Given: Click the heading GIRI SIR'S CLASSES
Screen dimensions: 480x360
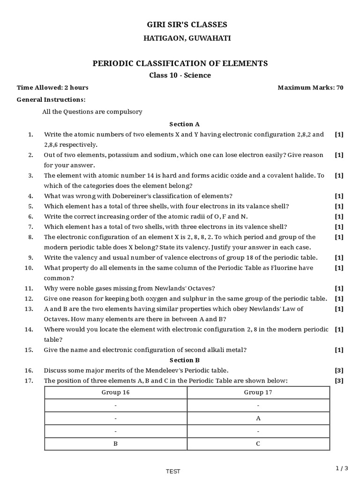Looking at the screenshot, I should coord(180,24).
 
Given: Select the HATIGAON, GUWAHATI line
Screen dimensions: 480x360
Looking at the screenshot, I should coord(180,38).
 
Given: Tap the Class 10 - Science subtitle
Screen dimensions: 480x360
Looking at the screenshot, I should coord(180,75).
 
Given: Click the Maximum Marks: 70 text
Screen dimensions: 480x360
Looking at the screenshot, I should coord(310,88).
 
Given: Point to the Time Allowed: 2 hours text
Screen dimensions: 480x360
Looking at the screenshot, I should coord(52,88).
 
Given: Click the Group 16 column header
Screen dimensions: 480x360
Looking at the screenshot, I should coord(115,393).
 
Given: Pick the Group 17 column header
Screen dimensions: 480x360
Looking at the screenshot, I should coord(258,393).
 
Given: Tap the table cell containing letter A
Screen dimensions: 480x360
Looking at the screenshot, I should coord(258,418).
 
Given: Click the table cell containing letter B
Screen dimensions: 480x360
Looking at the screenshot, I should coord(115,443).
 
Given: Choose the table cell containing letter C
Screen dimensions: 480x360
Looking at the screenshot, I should coord(258,443).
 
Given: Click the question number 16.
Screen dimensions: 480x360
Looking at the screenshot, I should coord(29,370).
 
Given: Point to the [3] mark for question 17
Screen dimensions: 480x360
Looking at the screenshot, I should coord(339,381).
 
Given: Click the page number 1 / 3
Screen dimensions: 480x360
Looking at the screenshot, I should coord(343,468).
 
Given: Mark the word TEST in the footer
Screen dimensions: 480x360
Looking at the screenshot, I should coord(173,472).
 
